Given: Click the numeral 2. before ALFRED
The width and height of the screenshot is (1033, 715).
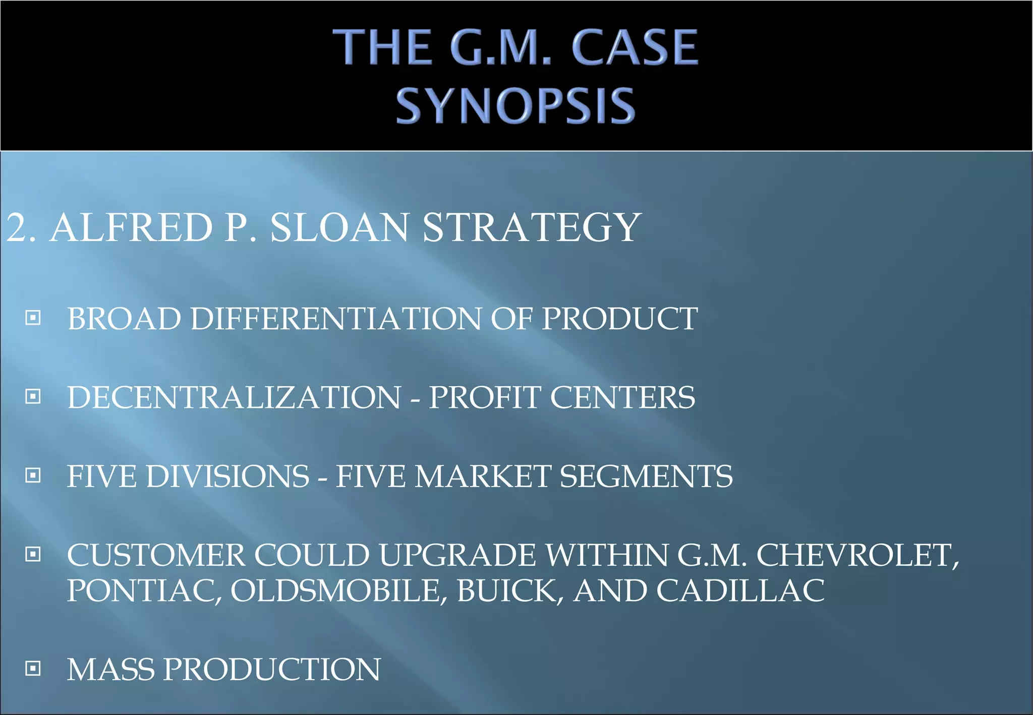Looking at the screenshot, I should click(x=21, y=227).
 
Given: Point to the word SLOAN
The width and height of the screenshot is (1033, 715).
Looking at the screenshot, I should click(x=339, y=227).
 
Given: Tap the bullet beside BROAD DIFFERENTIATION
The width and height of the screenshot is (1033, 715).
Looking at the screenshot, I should click(x=33, y=318).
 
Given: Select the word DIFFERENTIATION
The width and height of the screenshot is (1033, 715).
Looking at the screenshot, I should click(x=336, y=319).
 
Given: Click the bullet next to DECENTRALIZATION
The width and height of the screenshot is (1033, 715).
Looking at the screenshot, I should click(x=33, y=396).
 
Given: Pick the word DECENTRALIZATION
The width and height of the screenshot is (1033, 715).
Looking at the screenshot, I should click(x=234, y=397).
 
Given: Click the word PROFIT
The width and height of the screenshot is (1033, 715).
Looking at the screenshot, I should click(x=484, y=397).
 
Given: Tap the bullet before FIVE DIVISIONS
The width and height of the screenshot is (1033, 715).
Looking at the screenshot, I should click(x=33, y=475).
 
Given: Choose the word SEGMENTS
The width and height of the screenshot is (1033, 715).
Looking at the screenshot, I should click(x=646, y=476).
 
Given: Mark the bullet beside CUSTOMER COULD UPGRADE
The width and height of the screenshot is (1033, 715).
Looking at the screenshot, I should click(x=33, y=554).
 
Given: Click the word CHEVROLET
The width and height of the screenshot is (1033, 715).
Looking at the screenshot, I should click(x=857, y=555).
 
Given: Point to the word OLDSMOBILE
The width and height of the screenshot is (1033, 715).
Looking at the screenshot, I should click(x=338, y=590).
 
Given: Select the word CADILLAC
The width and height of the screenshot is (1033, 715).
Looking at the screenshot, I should click(x=740, y=590).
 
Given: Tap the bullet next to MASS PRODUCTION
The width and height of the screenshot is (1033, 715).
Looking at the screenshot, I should click(x=33, y=669).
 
